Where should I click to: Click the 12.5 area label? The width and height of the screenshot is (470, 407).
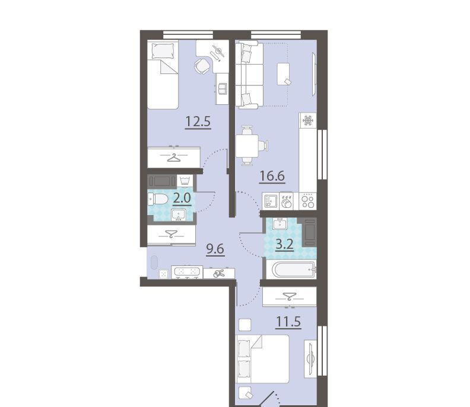[x=198, y=122]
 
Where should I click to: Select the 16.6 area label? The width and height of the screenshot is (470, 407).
[x=272, y=176]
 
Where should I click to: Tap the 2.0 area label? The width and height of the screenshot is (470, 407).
[x=182, y=198]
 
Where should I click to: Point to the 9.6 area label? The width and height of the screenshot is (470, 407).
[x=215, y=248]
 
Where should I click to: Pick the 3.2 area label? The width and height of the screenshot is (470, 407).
[x=284, y=245]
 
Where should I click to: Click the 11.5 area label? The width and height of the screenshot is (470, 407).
[x=288, y=322]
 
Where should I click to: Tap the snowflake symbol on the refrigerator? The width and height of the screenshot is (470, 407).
[x=308, y=120]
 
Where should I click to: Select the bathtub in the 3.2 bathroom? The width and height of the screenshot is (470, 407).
[x=294, y=270]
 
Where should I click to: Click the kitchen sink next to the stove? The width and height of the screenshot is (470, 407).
[x=271, y=201]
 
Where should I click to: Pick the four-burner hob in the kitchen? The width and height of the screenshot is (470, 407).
[x=308, y=201]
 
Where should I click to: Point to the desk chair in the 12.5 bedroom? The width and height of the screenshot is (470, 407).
[x=202, y=66]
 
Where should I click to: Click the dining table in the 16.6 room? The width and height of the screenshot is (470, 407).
[x=247, y=146]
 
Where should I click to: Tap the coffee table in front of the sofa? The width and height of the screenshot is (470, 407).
[x=284, y=73]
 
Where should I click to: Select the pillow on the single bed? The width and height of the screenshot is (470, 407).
[x=163, y=51]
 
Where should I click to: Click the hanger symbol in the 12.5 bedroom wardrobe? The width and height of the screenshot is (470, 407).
[x=174, y=157]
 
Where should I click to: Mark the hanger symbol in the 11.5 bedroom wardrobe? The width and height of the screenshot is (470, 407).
[x=290, y=296]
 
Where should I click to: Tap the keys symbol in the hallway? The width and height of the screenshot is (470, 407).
[x=219, y=274]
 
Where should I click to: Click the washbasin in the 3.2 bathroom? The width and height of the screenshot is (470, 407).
[x=280, y=223]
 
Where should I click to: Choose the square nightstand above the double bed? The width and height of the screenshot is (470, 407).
[x=244, y=325]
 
